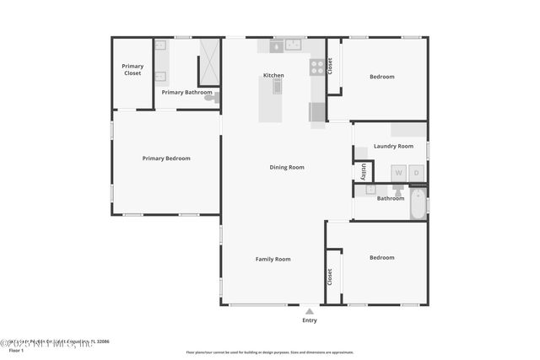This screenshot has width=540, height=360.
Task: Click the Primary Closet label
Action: (132, 69)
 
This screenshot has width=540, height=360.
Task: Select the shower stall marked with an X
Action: (208, 62)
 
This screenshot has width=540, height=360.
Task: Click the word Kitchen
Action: (273, 75)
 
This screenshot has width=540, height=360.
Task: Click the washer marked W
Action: (399, 173)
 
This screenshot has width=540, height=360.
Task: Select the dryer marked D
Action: (417, 173)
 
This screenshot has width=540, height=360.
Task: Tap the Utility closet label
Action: (363, 171)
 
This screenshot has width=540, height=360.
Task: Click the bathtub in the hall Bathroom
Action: (418, 204)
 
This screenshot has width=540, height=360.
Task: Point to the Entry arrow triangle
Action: (310, 311)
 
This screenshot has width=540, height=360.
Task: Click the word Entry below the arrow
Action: (310, 320)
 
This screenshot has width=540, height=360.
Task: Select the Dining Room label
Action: (287, 167)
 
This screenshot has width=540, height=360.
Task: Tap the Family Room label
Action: (273, 259)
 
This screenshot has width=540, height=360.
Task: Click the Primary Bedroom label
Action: (166, 158)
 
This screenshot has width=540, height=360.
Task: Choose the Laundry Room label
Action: (394, 146)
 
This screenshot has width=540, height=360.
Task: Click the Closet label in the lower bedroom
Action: (330, 276)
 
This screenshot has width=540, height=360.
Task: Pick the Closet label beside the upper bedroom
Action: (330, 65)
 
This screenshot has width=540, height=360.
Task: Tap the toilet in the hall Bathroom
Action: (398, 191)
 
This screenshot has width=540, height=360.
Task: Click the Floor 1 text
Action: (17, 350)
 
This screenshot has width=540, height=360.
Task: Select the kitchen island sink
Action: (276, 84)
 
